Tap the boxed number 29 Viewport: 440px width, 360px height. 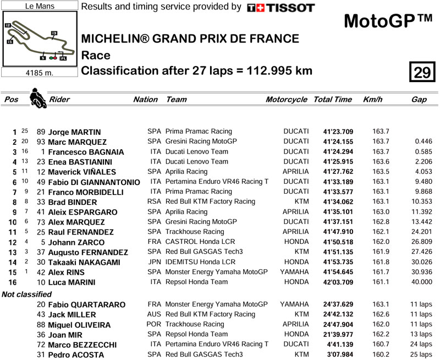(421, 73)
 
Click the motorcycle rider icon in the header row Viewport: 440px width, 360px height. (37, 99)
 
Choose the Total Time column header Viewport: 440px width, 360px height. (332, 100)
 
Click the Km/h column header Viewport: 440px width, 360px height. (373, 100)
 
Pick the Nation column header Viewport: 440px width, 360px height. (145, 100)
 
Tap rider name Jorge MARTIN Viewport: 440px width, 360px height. (74, 132)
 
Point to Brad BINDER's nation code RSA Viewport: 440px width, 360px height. (154, 202)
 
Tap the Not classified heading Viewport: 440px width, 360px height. (26, 294)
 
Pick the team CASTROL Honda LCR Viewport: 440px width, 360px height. (196, 242)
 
